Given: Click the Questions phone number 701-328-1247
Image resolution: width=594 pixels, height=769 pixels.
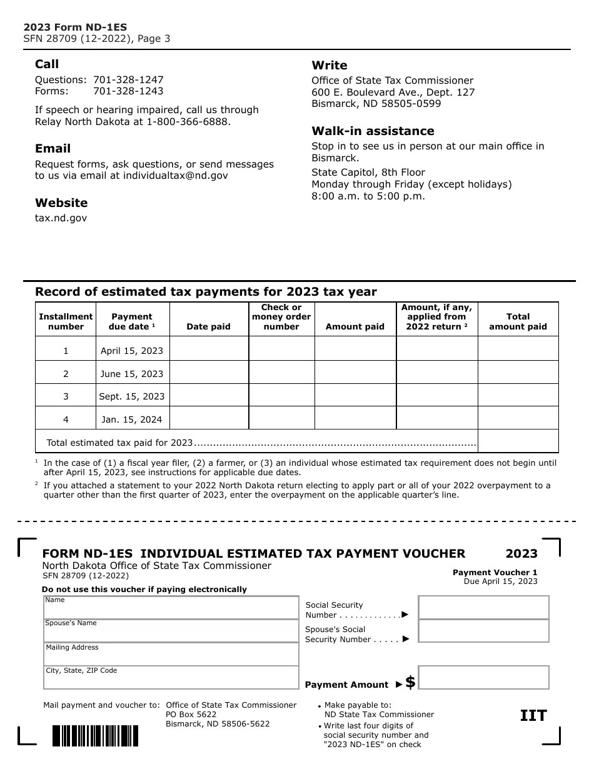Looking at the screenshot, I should pyautogui.click(x=128, y=80).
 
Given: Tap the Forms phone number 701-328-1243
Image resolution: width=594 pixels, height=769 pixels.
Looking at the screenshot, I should pyautogui.click(x=128, y=91).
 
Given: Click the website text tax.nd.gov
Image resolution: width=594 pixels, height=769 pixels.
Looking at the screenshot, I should pyautogui.click(x=61, y=218).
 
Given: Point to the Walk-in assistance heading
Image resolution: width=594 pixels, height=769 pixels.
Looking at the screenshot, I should pyautogui.click(x=373, y=131).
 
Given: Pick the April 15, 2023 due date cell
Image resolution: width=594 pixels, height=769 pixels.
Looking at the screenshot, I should pyautogui.click(x=132, y=351).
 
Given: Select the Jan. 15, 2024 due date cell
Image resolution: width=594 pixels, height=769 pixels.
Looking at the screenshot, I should pyautogui.click(x=132, y=420).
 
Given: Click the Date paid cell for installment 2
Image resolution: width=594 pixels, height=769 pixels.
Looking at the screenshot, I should pyautogui.click(x=209, y=374).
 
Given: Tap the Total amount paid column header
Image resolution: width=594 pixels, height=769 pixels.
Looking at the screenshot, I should pyautogui.click(x=518, y=321).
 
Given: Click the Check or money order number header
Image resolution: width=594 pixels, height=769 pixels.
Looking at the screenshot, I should pyautogui.click(x=281, y=317).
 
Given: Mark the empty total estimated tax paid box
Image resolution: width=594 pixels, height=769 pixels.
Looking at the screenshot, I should pyautogui.click(x=518, y=441).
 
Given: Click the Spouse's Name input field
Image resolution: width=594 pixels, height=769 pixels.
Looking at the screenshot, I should pyautogui.click(x=171, y=631).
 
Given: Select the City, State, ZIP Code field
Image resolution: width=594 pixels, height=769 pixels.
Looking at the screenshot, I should pyautogui.click(x=171, y=678).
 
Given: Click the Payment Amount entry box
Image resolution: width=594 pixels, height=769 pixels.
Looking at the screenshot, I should pyautogui.click(x=483, y=678).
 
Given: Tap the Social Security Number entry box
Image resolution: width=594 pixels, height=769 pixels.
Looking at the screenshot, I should pyautogui.click(x=483, y=608).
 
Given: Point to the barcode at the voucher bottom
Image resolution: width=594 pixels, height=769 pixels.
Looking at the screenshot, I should pyautogui.click(x=95, y=736).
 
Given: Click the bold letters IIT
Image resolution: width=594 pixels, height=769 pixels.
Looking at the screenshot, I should pyautogui.click(x=533, y=716).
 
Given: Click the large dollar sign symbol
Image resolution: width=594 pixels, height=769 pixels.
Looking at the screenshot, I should pyautogui.click(x=410, y=683).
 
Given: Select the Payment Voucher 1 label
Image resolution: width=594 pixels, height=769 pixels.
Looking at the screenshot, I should pyautogui.click(x=495, y=573).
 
